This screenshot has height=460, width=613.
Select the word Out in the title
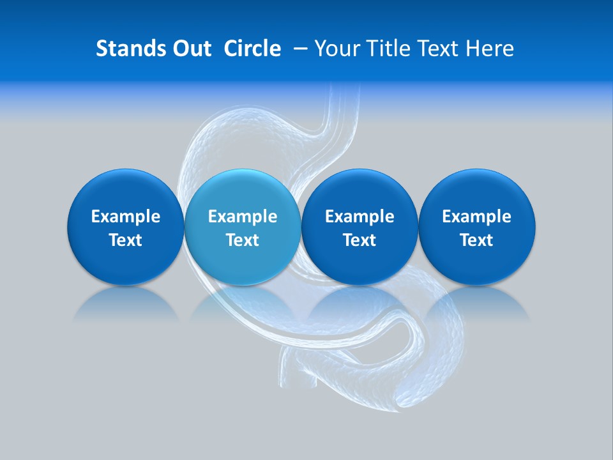190,49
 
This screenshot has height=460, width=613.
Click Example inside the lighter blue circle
243,217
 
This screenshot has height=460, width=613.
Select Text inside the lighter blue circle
243,240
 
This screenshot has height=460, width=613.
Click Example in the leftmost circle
126,217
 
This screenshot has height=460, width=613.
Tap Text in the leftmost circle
126,240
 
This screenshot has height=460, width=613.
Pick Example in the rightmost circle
476,217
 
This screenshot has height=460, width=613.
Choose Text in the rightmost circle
476,240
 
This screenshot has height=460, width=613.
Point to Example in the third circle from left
359,217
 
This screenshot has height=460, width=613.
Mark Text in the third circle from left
359,240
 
